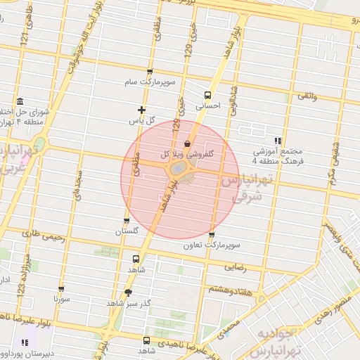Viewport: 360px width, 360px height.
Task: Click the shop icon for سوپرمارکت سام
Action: [150, 72]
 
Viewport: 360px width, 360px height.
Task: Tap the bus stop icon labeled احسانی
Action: [207, 95]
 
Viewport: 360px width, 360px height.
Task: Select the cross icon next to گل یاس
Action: [142, 110]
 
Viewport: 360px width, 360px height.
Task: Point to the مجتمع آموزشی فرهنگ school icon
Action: [278, 141]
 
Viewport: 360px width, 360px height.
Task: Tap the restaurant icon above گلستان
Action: [127, 220]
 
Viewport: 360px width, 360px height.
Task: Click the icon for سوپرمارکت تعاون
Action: [212, 236]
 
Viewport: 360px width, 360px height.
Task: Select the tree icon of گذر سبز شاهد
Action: [127, 292]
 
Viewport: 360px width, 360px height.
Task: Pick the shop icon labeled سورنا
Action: [62, 288]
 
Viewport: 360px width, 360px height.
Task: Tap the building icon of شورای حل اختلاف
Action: [19, 101]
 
